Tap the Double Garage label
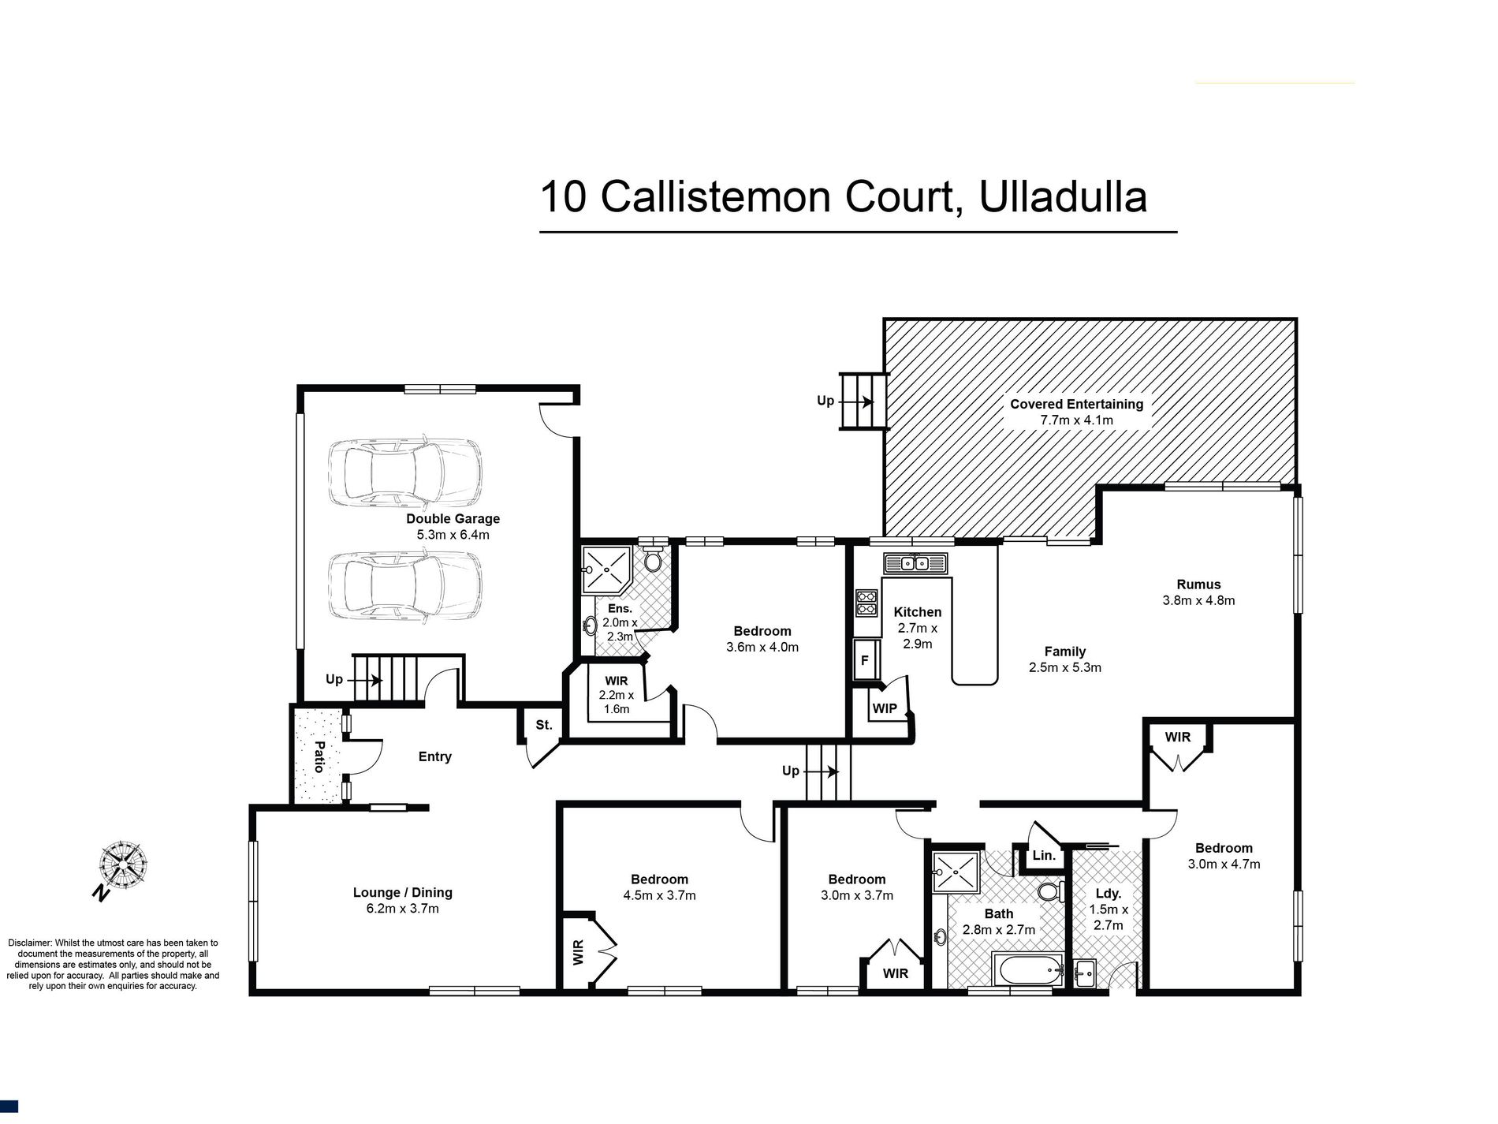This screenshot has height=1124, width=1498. [453, 526]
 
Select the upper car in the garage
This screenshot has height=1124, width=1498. [404, 473]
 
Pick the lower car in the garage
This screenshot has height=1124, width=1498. [404, 585]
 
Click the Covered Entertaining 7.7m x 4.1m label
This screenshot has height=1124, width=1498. [1076, 412]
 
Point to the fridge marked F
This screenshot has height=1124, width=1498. [865, 660]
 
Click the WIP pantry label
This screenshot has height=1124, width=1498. [884, 708]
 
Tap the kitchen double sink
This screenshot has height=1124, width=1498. [915, 563]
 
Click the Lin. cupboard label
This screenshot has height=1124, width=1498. [1043, 856]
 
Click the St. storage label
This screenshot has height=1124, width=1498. [544, 725]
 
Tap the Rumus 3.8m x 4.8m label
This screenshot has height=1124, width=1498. [1198, 592]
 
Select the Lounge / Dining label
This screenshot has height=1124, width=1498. [402, 900]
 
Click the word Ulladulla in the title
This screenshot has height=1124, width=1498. [1062, 197]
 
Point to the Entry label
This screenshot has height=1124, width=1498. [434, 756]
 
